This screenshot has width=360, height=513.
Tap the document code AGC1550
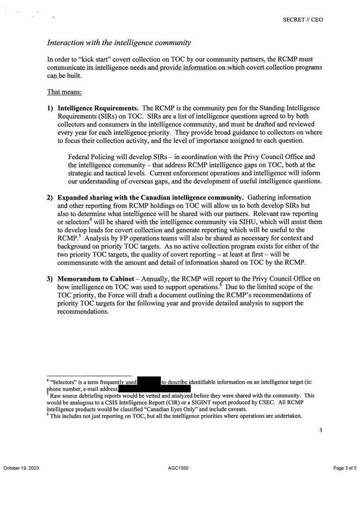179,486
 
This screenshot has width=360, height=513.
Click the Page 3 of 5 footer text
343,486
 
